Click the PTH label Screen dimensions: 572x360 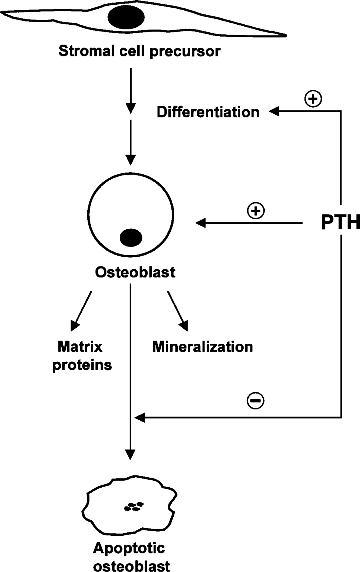pyautogui.click(x=340, y=222)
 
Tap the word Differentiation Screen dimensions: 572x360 pyautogui.click(x=208, y=112)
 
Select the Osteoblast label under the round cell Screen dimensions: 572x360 pyautogui.click(x=135, y=272)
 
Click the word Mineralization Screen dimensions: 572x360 pyautogui.click(x=202, y=347)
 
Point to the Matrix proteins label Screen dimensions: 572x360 pyautogui.click(x=82, y=356)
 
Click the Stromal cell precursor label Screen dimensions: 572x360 pyautogui.click(x=139, y=51)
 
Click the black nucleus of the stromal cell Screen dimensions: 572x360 pyautogui.click(x=126, y=17)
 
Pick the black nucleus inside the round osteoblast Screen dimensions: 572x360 pyautogui.click(x=131, y=238)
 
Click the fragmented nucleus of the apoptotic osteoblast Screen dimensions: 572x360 pyautogui.click(x=134, y=506)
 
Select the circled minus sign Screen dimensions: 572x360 pyautogui.click(x=255, y=400)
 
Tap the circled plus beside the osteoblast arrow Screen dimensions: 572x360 pyautogui.click(x=256, y=211)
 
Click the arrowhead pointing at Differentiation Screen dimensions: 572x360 pyautogui.click(x=274, y=111)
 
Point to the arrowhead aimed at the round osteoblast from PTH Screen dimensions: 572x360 pyautogui.click(x=201, y=223)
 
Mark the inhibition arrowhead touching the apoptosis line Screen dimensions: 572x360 pyautogui.click(x=140, y=418)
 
